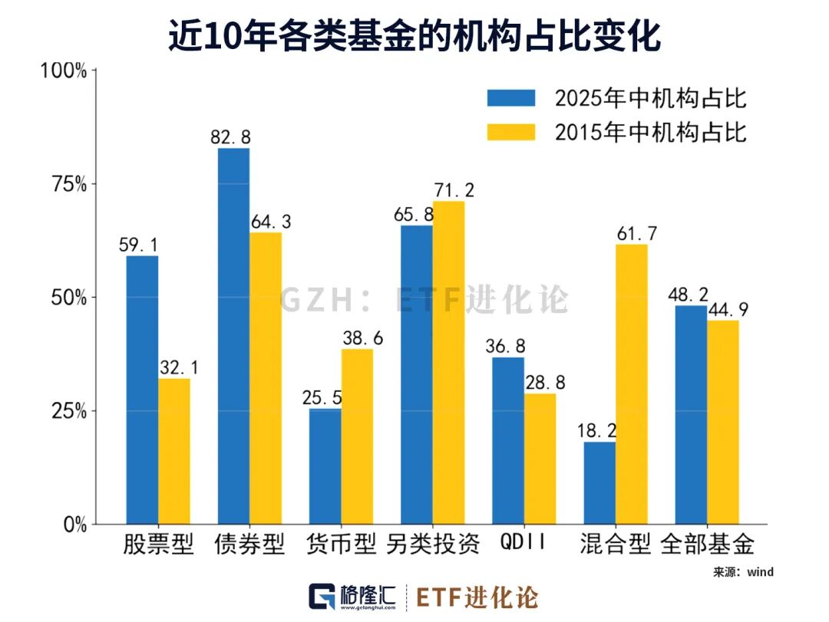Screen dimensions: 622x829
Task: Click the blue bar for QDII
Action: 508,440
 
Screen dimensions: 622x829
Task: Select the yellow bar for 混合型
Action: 631,383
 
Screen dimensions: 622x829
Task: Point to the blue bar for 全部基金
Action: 691,414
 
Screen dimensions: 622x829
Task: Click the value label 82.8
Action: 230,137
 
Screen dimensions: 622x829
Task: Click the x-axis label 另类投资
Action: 432,544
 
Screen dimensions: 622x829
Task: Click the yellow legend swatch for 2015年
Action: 510,132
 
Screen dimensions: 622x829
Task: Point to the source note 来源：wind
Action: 743,572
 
